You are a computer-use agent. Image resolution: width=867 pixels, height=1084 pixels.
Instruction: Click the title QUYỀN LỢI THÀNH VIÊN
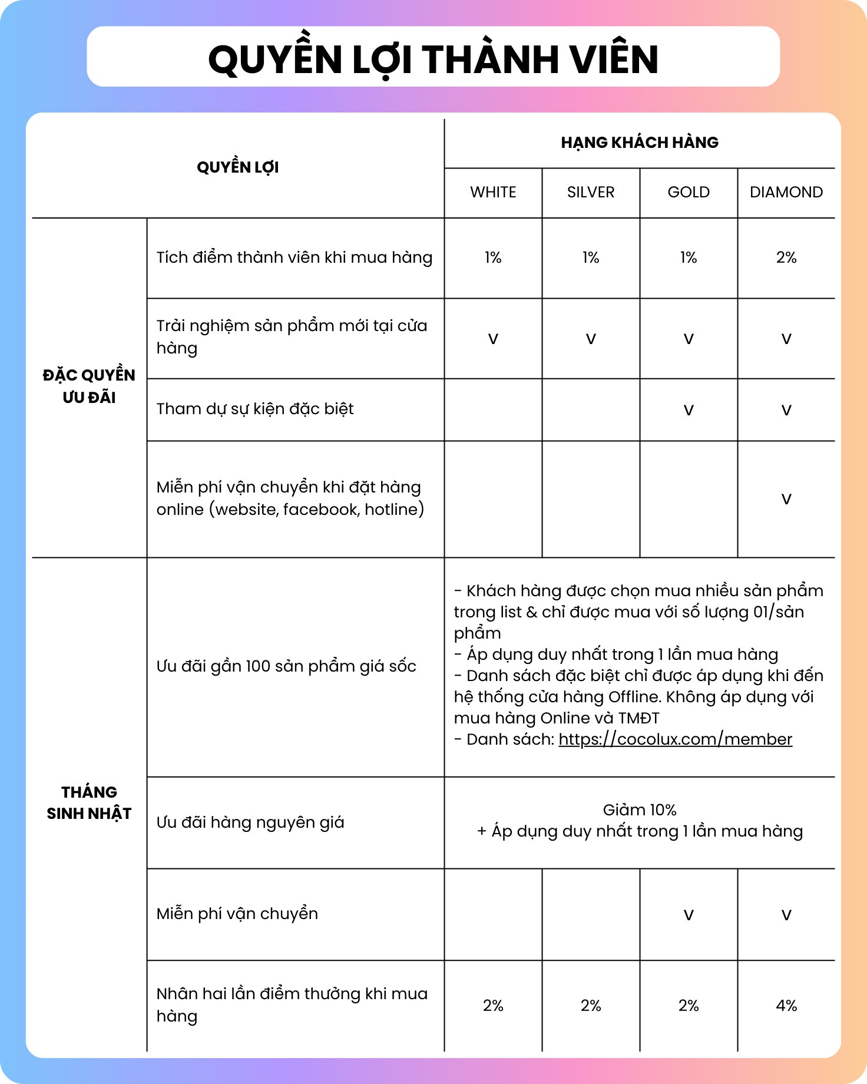[433, 59]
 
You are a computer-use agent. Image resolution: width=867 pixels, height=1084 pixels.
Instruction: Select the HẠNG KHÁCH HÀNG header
[640, 143]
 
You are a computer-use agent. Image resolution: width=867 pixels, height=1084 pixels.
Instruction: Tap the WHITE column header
[493, 192]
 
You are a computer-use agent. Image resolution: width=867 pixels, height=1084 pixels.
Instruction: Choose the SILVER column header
[591, 192]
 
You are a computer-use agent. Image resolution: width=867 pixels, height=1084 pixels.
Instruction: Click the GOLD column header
[689, 192]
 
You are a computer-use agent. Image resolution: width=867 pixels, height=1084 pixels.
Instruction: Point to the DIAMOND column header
[786, 192]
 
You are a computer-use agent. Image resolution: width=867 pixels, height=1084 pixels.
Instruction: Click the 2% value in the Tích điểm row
[786, 257]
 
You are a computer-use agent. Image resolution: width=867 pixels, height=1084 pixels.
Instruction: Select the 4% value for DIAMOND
[786, 1006]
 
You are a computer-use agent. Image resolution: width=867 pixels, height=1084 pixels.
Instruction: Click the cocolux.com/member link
[675, 739]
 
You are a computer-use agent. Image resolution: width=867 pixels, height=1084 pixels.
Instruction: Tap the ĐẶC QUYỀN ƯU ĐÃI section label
[89, 386]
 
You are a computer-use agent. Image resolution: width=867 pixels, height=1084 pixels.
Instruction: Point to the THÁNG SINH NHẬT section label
[89, 802]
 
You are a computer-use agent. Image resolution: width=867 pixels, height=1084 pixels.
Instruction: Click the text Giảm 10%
[640, 810]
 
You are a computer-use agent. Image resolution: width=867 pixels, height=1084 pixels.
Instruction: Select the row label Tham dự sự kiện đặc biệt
[255, 409]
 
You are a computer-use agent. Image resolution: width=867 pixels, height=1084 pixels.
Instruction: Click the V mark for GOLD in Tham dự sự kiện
[689, 410]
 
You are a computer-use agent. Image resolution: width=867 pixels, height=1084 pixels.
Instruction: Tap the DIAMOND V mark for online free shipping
[786, 499]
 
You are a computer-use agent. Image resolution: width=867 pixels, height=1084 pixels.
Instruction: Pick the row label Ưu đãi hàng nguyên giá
[250, 822]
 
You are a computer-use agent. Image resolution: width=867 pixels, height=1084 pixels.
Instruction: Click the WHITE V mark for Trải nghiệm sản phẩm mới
[493, 339]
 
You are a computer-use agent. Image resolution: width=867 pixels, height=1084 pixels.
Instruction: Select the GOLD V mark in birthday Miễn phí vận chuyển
[689, 915]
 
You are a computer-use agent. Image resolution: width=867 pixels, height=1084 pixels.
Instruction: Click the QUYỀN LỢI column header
[238, 167]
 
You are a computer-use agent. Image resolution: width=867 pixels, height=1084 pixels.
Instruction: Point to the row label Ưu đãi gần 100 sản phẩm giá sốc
[286, 666]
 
